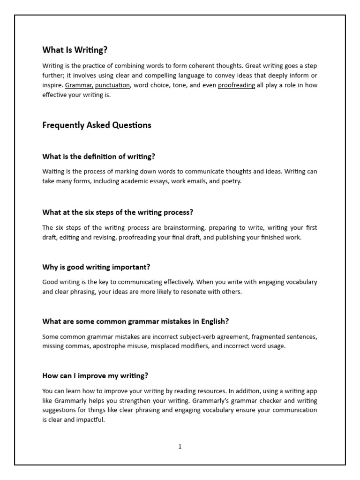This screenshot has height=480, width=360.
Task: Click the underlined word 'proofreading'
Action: [236, 85]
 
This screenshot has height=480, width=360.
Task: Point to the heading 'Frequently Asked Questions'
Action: [97, 125]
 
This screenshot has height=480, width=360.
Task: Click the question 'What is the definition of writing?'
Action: [98, 157]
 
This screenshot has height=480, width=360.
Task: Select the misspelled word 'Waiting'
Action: [53, 172]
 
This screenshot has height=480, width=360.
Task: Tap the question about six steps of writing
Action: [118, 212]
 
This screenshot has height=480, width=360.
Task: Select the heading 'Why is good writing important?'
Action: [96, 267]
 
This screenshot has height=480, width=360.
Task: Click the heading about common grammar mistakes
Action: [135, 322]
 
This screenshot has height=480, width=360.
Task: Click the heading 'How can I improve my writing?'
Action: [95, 376]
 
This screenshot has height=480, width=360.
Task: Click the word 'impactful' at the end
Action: [90, 420]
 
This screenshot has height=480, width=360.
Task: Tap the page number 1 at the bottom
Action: [180, 447]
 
